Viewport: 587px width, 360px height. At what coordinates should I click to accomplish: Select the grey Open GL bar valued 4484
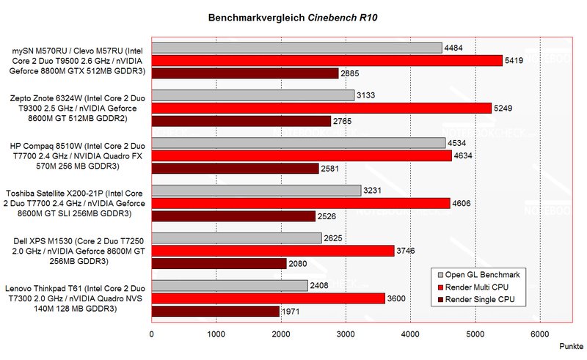coord(296,48)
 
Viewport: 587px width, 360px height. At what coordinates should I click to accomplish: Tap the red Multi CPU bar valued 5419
coord(327,60)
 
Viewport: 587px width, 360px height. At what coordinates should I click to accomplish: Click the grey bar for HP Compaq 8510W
coord(298,143)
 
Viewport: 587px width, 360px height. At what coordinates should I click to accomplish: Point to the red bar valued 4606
coord(300,203)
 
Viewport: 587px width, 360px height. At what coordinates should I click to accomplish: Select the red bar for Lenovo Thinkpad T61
coord(268,298)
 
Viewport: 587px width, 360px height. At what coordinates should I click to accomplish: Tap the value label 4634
coord(464,155)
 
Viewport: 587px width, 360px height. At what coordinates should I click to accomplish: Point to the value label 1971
coord(292,312)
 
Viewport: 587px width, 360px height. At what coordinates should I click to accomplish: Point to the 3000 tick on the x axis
coord(346,335)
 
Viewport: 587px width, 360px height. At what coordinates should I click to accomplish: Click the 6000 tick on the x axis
coord(540,335)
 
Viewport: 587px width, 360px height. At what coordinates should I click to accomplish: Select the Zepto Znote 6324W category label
coord(76,108)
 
